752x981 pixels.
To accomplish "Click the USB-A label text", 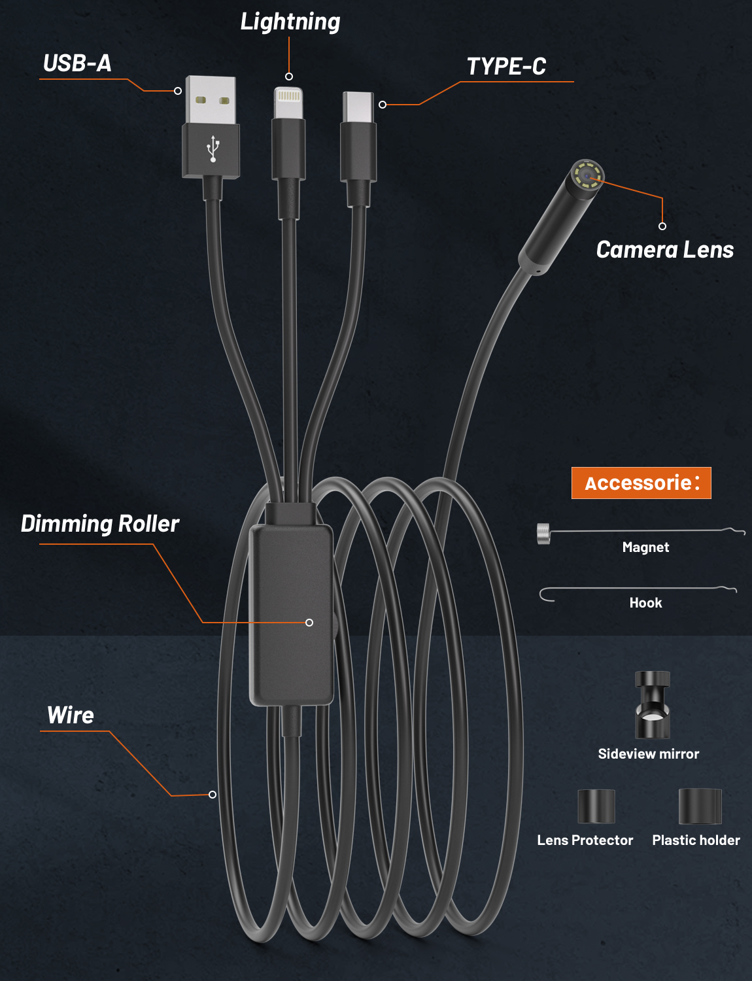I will [x=77, y=63].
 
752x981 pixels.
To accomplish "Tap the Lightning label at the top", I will [x=290, y=22].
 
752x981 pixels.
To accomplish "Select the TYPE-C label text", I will [x=506, y=66].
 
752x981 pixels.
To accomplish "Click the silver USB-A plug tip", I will [x=211, y=100].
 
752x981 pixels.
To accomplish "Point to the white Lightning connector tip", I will [x=288, y=102].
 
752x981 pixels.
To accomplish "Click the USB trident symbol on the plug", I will [x=213, y=148].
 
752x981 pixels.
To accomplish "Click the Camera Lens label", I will [x=664, y=249].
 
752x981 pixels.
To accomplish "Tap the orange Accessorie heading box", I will [x=641, y=483].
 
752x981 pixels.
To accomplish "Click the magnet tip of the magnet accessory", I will [x=543, y=534].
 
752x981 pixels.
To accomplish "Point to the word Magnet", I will [x=645, y=547].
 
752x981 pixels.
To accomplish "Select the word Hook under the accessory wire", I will [x=645, y=603].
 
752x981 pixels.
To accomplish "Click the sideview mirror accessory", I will [x=652, y=705].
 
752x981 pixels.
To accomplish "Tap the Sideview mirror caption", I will [x=648, y=754].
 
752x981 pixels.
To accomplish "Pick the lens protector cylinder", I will [x=596, y=806].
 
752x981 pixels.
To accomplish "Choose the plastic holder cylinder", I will [x=700, y=806].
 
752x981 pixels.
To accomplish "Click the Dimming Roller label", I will [x=100, y=524].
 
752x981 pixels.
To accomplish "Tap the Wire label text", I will [x=71, y=715].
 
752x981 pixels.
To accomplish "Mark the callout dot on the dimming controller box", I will [x=309, y=623].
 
